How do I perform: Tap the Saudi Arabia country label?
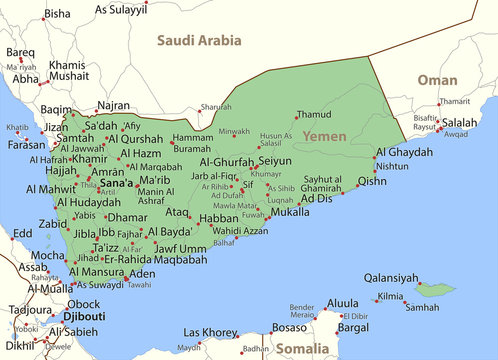click(x=198, y=41)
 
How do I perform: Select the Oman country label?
click(x=437, y=79)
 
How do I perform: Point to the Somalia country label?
click(x=301, y=348)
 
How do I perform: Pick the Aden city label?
click(x=143, y=273)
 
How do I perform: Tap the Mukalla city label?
click(x=290, y=212)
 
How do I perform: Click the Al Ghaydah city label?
click(x=404, y=152)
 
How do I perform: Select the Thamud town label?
click(x=313, y=115)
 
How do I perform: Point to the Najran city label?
click(x=112, y=105)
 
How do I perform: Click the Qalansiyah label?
click(x=390, y=278)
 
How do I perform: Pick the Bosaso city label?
click(x=289, y=327)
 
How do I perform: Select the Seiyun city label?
click(x=275, y=160)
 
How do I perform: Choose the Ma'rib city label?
click(x=154, y=180)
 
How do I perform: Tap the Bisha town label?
click(x=58, y=14)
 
